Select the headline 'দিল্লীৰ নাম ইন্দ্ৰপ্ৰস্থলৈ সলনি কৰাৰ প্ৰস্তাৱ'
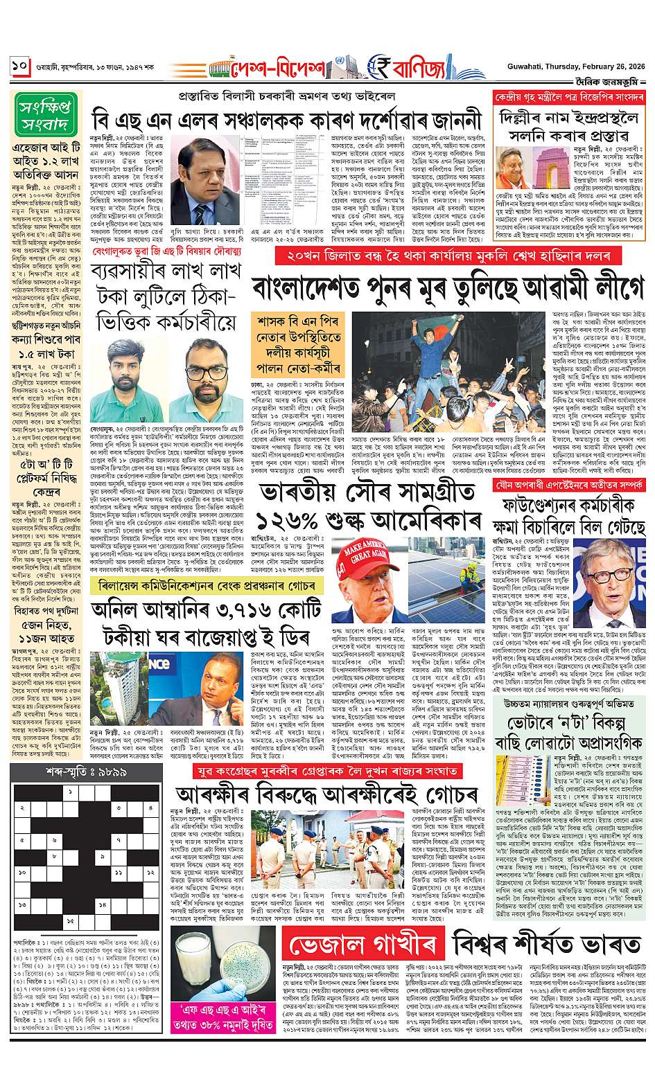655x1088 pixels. click(568, 123)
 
